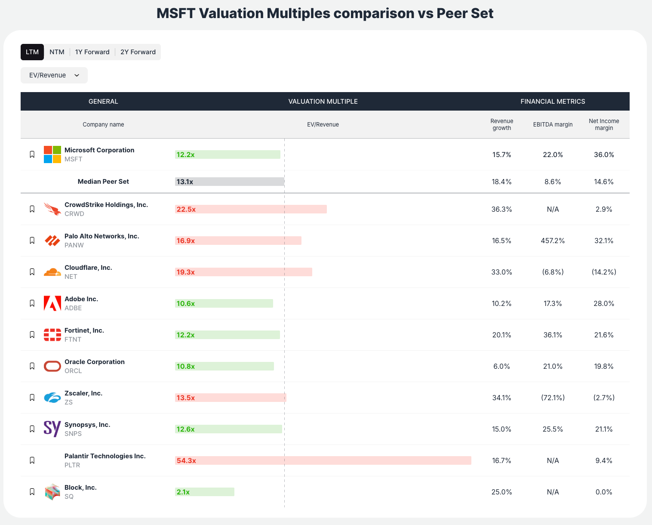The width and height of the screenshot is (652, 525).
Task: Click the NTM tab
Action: point(57,52)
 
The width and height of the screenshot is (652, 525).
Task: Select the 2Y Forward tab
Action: point(138,52)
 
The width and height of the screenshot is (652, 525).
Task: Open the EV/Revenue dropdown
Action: point(54,75)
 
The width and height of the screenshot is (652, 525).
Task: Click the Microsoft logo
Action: point(52,154)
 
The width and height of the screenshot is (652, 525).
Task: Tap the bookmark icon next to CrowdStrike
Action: point(32,209)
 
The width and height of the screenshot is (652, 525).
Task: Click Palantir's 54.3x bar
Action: point(323,460)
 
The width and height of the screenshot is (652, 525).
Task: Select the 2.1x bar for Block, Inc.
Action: point(205,492)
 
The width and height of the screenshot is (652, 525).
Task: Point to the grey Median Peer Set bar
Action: point(230,182)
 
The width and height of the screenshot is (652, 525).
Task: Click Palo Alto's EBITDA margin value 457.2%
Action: point(553,241)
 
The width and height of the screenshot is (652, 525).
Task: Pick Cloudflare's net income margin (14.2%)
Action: point(604,272)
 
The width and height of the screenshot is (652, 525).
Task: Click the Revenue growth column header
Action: point(501,124)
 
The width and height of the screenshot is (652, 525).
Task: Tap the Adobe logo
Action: point(52,303)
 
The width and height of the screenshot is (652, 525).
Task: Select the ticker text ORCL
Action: point(73,371)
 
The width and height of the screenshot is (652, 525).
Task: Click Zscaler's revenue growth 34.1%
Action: point(501,398)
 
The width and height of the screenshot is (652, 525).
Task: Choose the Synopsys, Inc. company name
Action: point(87,425)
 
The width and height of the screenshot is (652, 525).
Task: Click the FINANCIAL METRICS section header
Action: point(553,102)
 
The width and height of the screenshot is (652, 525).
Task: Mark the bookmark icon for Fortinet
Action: point(32,335)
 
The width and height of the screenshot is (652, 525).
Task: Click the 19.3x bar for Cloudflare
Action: point(243,272)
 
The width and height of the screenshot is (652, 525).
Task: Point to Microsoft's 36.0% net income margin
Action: point(604,154)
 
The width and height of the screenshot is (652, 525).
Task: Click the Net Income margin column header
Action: point(604,124)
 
